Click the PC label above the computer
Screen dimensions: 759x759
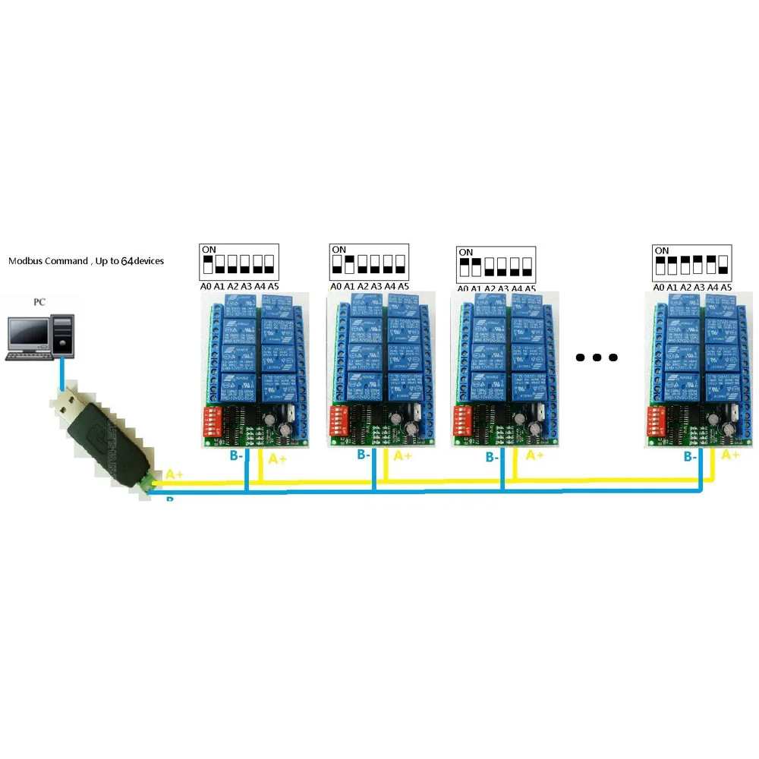39,302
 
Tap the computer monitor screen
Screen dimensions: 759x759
28,330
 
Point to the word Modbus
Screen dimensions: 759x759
26,261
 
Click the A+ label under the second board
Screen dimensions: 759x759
402,455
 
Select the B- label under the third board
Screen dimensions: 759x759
492,458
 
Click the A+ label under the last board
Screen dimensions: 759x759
729,455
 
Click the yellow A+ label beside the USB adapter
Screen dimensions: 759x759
175,474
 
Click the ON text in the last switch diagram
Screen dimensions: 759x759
662,250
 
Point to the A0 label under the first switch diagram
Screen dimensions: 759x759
205,286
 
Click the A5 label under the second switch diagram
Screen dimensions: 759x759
403,286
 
